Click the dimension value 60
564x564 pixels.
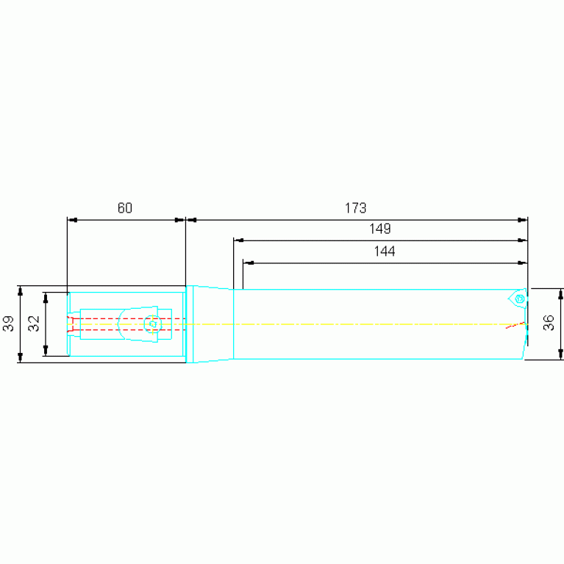point(125,208)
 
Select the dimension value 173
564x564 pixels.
point(355,208)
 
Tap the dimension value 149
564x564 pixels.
point(380,229)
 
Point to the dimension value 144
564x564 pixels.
point(385,251)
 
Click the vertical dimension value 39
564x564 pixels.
point(8,324)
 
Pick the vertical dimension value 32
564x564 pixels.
point(34,324)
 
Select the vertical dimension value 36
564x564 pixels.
point(549,323)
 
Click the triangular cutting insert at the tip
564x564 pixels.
point(518,299)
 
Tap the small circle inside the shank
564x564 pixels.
point(152,324)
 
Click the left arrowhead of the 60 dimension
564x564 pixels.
point(72,220)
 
